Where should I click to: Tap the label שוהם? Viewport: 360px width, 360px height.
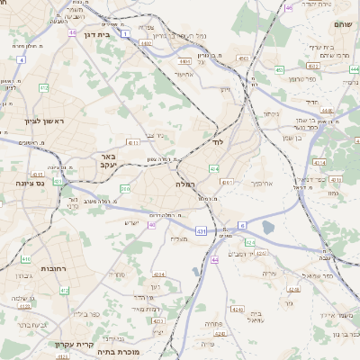coord(343,25)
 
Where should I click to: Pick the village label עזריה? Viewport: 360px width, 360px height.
coord(267,273)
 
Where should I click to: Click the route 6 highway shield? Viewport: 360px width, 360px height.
coord(241,223)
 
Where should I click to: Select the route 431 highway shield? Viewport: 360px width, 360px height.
coord(201,232)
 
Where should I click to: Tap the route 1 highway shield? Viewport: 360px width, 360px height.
coord(125,32)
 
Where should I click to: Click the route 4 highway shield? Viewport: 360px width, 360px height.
coord(20,59)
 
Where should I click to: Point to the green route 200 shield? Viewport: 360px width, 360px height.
coord(125,188)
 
